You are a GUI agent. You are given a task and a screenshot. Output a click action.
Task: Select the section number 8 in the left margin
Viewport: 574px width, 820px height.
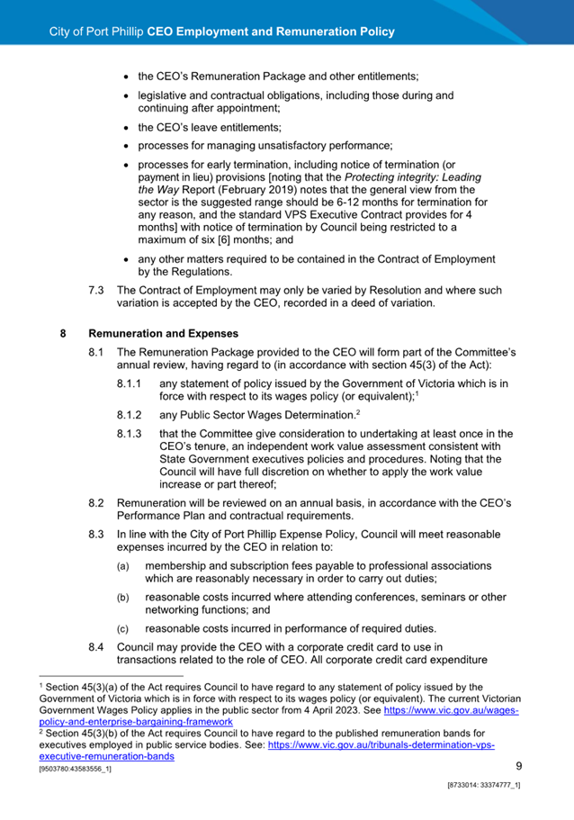coord(63,332)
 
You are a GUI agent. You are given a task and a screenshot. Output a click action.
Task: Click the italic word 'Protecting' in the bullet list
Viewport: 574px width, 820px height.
coord(421,177)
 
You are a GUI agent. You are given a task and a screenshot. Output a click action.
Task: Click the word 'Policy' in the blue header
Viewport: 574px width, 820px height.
coord(376,32)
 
